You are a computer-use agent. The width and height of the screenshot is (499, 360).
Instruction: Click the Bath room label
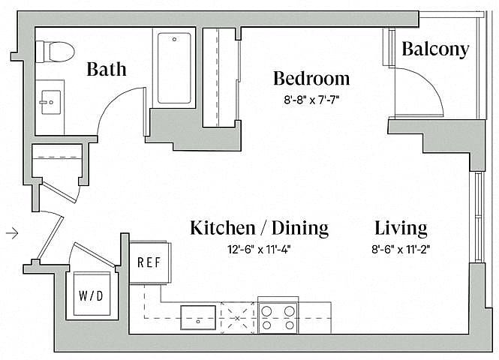click(x=107, y=69)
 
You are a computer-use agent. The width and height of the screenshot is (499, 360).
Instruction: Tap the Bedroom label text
click(x=311, y=78)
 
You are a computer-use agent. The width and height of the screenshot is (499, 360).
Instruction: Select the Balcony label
click(x=435, y=49)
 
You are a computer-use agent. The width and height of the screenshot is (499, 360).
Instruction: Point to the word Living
click(x=401, y=228)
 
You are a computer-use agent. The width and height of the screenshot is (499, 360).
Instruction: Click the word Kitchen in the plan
click(x=223, y=228)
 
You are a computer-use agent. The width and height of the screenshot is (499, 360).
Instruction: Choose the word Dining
click(x=300, y=229)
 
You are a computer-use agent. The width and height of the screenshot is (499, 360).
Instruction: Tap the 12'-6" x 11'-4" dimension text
click(x=259, y=250)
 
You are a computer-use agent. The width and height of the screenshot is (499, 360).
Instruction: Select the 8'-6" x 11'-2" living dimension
click(x=401, y=249)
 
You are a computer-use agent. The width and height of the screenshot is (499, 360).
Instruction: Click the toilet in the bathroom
click(x=55, y=51)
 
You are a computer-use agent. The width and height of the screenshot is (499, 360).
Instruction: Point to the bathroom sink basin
click(x=51, y=102)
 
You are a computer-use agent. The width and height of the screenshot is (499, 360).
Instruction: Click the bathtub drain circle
click(x=174, y=40)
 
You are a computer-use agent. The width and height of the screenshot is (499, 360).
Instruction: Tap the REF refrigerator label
click(x=149, y=262)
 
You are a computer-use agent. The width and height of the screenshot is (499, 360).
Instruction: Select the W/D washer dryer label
click(x=91, y=295)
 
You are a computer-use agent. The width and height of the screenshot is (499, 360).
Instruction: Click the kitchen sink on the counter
click(x=198, y=317)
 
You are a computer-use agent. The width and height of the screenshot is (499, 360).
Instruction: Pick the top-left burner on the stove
click(x=266, y=310)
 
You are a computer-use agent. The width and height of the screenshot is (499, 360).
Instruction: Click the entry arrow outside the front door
click(x=12, y=234)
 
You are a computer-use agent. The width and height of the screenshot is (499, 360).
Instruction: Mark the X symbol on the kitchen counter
click(x=238, y=318)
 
